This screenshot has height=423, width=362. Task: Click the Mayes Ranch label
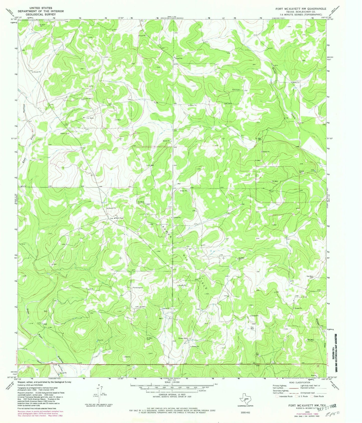pos(119,218)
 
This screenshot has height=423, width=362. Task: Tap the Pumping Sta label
pos(138,287)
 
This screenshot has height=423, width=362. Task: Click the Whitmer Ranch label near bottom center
pos(183,338)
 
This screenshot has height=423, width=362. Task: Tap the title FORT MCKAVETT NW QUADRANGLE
pos(301,9)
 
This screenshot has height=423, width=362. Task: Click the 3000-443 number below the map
pos(245,412)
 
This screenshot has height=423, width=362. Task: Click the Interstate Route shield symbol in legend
pos(277,396)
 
